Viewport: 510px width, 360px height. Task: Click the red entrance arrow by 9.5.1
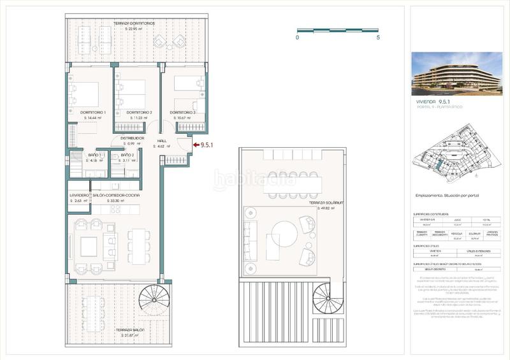point(194,145)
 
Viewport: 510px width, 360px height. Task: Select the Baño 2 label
point(126,155)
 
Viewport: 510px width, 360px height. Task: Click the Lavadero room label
point(80,195)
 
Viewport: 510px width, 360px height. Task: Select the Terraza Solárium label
point(326,203)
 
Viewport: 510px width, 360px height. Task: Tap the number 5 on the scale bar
point(378,38)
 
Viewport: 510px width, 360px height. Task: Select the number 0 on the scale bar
point(298,38)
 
